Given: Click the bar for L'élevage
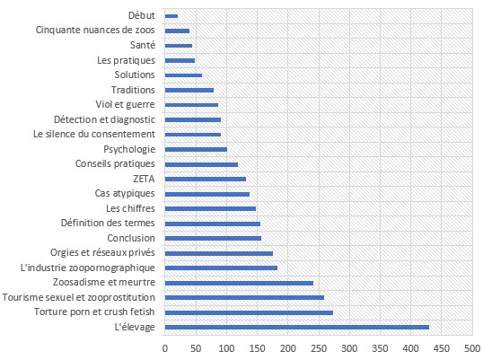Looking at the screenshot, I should pyautogui.click(x=296, y=327).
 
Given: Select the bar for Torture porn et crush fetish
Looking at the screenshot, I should pyautogui.click(x=249, y=312).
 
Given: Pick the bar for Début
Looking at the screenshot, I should pyautogui.click(x=171, y=16).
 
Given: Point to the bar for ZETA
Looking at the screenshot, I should pyautogui.click(x=206, y=179).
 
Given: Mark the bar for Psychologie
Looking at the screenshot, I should pyautogui.click(x=196, y=149).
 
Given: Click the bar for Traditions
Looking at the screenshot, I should pyautogui.click(x=189, y=90).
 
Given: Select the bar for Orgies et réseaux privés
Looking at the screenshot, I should pyautogui.click(x=219, y=253).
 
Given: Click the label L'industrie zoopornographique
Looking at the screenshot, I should pyautogui.click(x=88, y=268).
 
